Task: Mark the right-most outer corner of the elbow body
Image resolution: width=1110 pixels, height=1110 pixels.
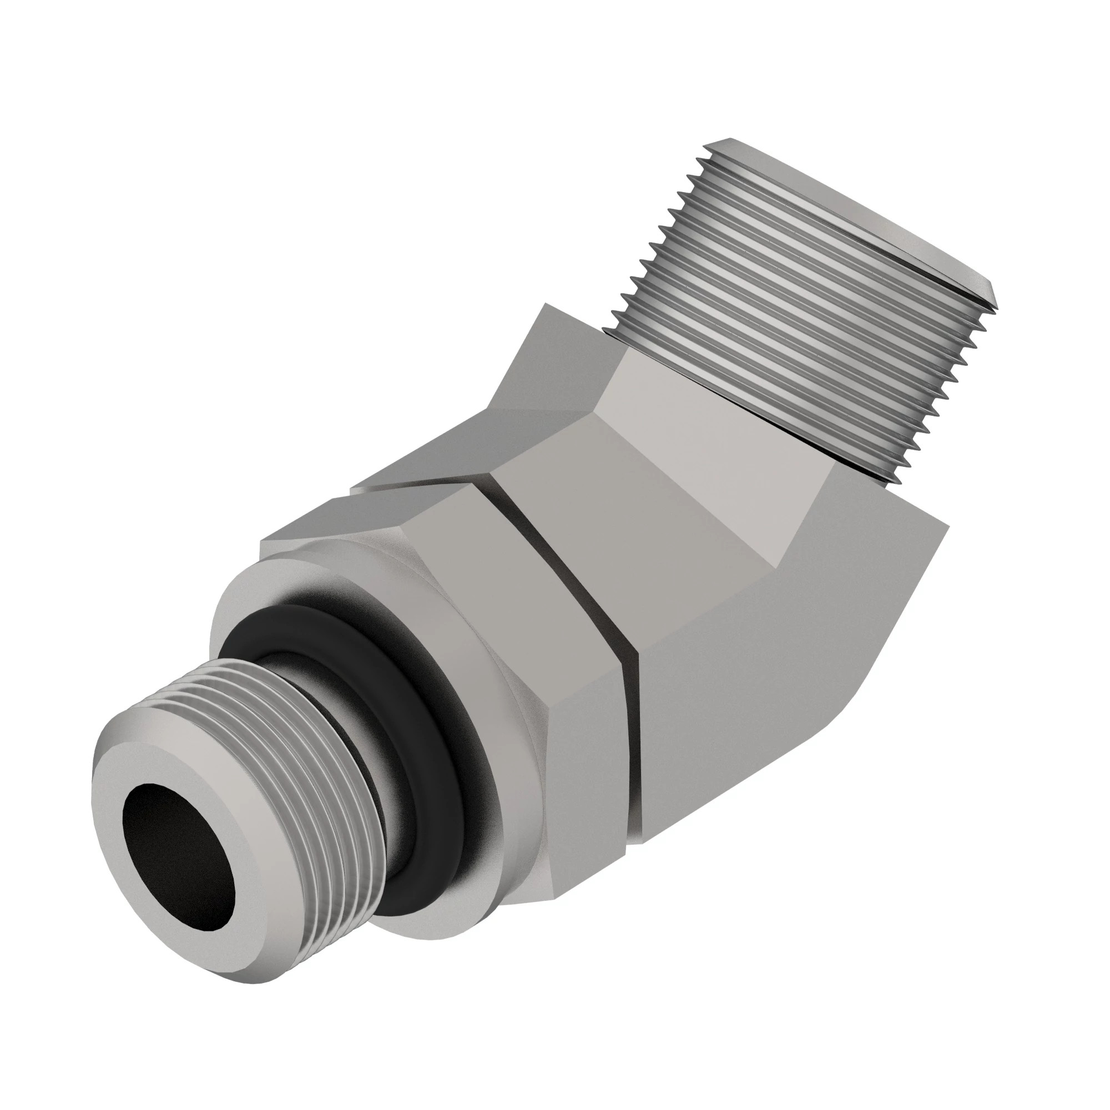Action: [x=947, y=524]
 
